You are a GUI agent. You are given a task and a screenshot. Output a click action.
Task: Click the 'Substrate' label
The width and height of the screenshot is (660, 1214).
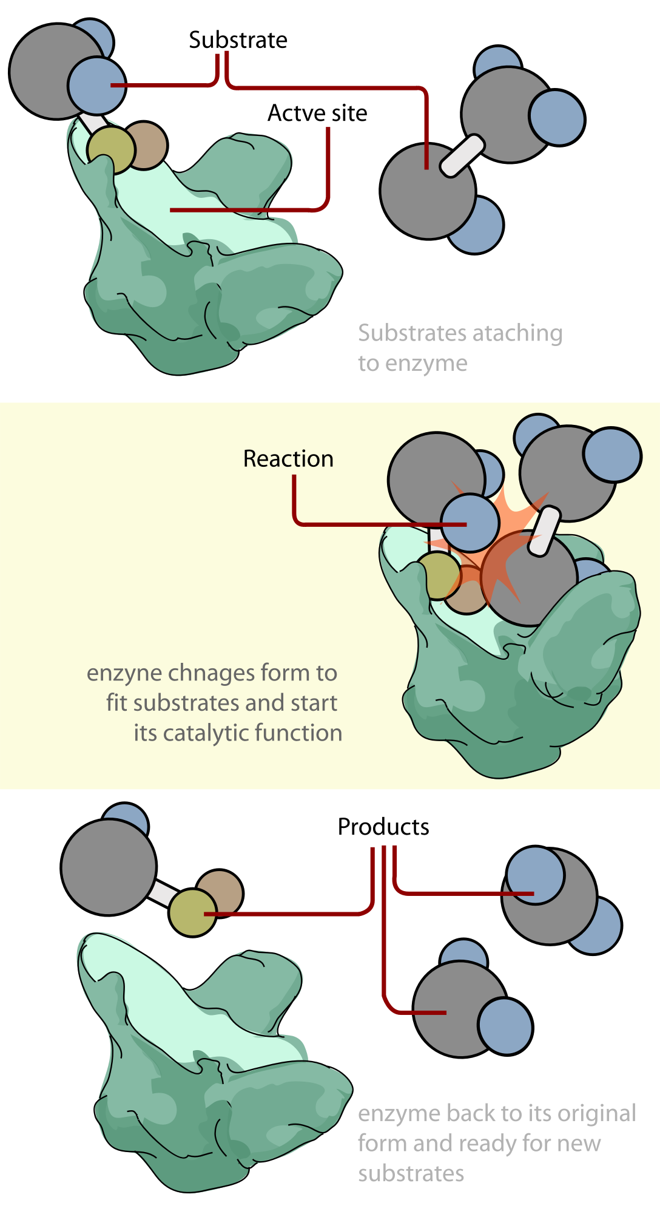[238, 40]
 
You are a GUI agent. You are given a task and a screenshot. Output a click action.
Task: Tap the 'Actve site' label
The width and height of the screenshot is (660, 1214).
[317, 113]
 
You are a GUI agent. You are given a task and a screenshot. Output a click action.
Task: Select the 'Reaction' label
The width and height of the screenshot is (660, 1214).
[288, 459]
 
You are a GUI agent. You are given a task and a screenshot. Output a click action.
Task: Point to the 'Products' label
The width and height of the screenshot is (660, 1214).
[383, 827]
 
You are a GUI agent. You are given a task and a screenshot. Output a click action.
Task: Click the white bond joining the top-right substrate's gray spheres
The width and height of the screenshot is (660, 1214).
[462, 156]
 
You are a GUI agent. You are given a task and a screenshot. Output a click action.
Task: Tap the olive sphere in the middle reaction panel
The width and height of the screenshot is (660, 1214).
[439, 576]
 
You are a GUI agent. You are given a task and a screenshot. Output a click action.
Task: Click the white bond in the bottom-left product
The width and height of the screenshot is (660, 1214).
[163, 892]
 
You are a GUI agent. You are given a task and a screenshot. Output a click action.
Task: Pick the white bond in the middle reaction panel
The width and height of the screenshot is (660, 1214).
[544, 531]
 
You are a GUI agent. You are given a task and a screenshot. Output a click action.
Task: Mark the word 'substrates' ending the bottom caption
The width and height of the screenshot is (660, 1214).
[411, 1173]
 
